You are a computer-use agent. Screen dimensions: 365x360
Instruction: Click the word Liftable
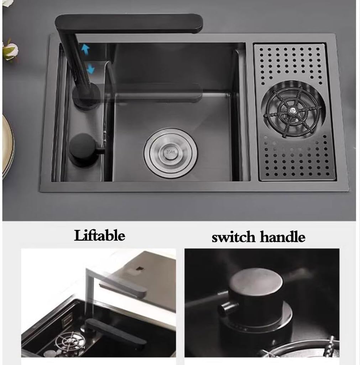coord(99,236)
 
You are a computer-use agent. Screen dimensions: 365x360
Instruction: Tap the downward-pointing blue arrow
coord(90,67)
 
